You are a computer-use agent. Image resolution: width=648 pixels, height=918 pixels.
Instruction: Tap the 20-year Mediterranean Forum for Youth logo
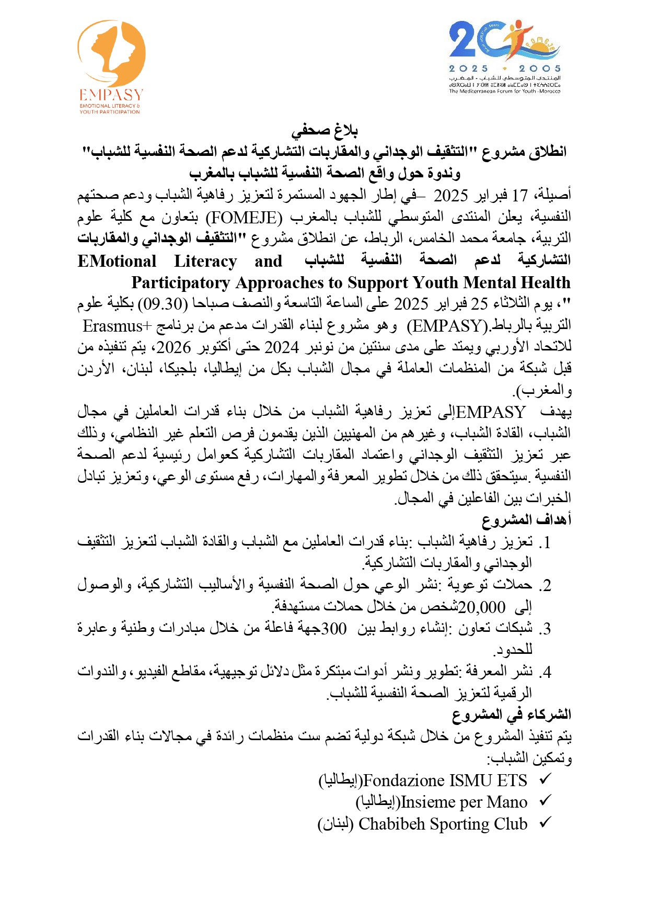pos(504,56)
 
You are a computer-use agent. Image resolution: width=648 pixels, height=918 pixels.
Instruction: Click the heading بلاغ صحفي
pos(324,130)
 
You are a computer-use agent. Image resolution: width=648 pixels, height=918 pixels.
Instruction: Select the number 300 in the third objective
pos(333,628)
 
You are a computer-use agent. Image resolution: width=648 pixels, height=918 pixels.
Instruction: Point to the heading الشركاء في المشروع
pos(512,714)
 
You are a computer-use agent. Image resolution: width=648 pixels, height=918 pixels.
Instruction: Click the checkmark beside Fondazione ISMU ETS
pos(545,779)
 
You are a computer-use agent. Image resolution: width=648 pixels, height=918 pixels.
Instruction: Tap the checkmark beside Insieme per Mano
pos(545,801)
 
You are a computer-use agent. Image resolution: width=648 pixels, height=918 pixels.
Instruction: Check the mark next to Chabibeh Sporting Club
pos(545,823)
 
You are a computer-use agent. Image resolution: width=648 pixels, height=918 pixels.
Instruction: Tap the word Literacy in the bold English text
pos(205,261)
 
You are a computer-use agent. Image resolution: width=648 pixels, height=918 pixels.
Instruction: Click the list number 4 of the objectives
pos(546,672)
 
